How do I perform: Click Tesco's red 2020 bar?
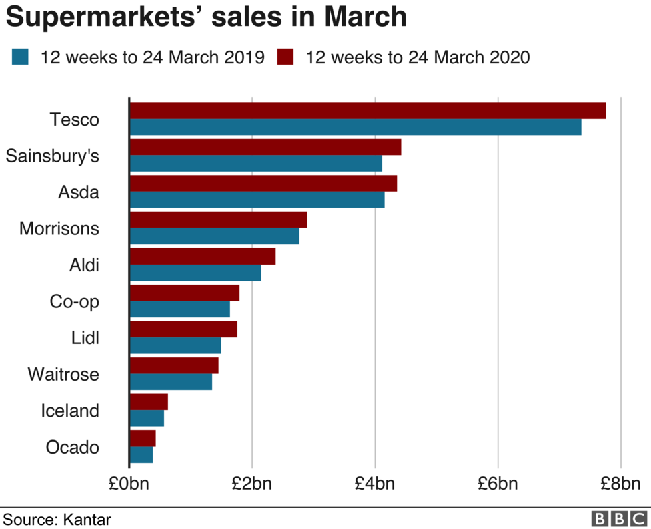pos(367,111)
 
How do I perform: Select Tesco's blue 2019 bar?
pos(355,127)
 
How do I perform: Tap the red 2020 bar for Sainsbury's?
pos(265,147)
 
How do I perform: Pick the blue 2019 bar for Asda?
pos(257,199)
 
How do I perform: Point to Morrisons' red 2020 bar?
pos(218,220)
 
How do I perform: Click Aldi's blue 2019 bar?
pos(195,273)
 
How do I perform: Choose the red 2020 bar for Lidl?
pos(183,329)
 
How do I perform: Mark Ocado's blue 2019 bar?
pos(141,455)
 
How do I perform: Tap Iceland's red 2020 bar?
pos(148,402)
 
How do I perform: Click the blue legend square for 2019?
pos(20,57)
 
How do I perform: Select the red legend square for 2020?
pos(285,57)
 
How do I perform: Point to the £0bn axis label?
pos(129,484)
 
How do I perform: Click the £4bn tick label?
pos(375,484)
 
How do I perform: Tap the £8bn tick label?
pos(621,484)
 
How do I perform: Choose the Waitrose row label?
pos(63,374)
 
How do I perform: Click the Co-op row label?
pos(74,301)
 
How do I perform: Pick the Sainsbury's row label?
pos(52,156)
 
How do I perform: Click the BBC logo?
pos(619,519)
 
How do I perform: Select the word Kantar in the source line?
pos(87,519)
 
